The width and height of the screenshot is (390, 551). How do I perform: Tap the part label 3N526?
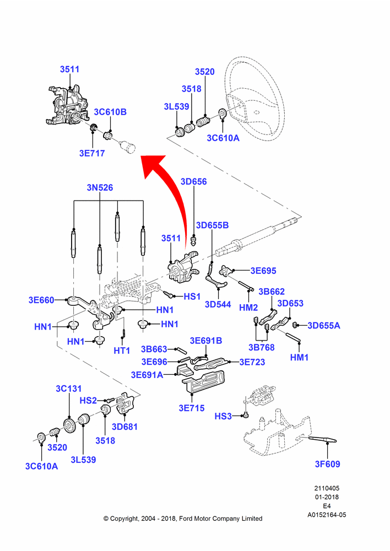click(100, 188)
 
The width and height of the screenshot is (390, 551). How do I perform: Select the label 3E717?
click(92, 153)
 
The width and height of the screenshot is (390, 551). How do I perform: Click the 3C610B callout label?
click(110, 112)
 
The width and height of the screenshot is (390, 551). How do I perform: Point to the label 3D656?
click(193, 182)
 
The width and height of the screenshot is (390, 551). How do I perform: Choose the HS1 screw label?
click(192, 296)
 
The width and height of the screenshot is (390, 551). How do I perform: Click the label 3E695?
click(263, 271)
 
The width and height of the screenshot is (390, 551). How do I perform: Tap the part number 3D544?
click(218, 304)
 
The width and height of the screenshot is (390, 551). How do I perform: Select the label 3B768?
click(262, 348)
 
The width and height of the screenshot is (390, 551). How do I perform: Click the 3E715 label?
click(192, 408)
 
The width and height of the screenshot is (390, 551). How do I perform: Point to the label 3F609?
click(327, 464)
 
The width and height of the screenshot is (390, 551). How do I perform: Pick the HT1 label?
click(122, 350)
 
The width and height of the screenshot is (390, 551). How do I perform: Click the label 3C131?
click(68, 388)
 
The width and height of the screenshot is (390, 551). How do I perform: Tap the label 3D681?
click(124, 427)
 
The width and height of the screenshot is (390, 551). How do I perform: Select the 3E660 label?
click(41, 300)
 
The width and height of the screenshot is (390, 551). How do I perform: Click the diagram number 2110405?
click(327, 488)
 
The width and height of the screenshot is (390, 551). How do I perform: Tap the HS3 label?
click(223, 417)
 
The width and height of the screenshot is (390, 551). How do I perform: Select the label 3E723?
click(252, 362)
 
